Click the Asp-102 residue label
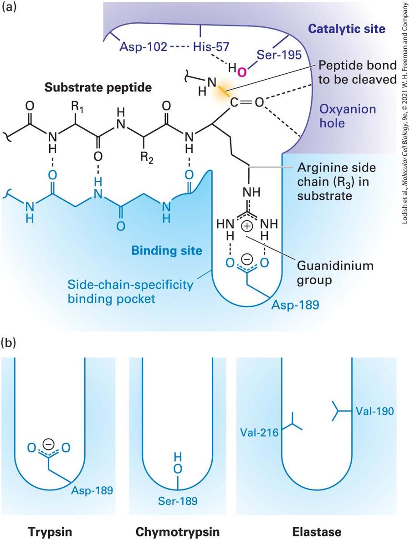pos(143,46)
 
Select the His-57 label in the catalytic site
pos(211,46)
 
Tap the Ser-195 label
pos(279,55)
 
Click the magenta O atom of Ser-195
pos(242,72)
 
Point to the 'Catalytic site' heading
pos(347,29)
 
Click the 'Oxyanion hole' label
pos(348,116)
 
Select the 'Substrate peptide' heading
pos(98,87)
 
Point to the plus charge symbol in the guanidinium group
pos(247,226)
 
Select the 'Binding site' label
pos(167,250)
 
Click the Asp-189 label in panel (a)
pos(295,305)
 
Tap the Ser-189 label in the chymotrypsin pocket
pos(178,500)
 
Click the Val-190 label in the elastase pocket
pos(374,411)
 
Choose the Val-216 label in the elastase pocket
pos(259,432)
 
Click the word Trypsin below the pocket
pos(50,532)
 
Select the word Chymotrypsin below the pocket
pos(178,532)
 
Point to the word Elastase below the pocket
pos(317,531)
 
